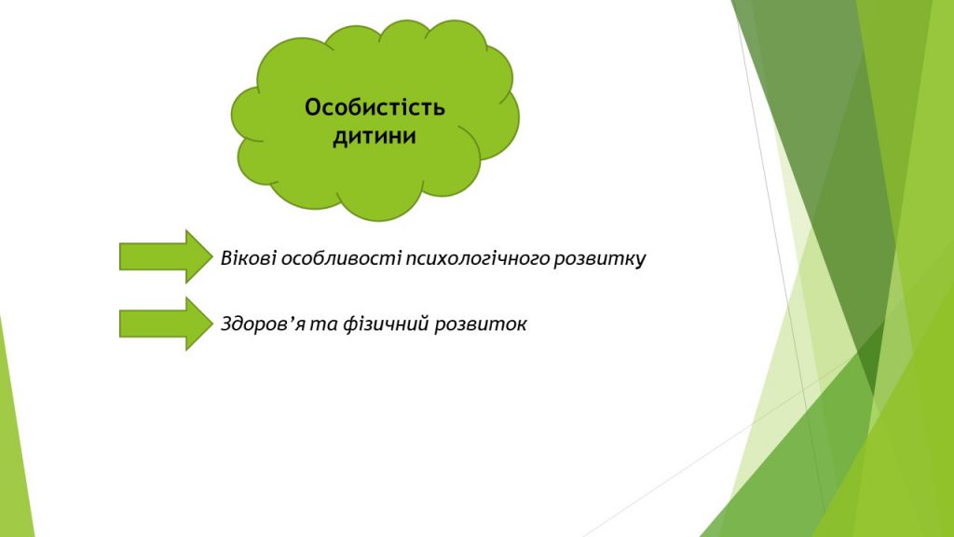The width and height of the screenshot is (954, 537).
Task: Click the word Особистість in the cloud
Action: pyautogui.click(x=375, y=107)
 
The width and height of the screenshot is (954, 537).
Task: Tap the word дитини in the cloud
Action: pyautogui.click(x=375, y=136)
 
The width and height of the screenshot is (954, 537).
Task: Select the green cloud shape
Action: pyautogui.click(x=375, y=120)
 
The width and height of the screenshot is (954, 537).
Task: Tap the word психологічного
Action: pyautogui.click(x=477, y=259)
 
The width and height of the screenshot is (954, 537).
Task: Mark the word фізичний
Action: pyautogui.click(x=386, y=324)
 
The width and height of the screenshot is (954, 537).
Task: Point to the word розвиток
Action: pyautogui.click(x=481, y=324)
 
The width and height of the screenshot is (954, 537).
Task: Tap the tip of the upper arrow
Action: pyautogui.click(x=213, y=256)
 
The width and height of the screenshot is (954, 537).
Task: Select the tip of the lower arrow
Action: pyautogui.click(x=213, y=324)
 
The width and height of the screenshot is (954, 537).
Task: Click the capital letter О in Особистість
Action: pyautogui.click(x=313, y=107)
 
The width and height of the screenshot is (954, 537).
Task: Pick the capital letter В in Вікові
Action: pyautogui.click(x=226, y=258)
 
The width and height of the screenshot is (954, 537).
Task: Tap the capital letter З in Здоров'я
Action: pyautogui.click(x=226, y=324)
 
